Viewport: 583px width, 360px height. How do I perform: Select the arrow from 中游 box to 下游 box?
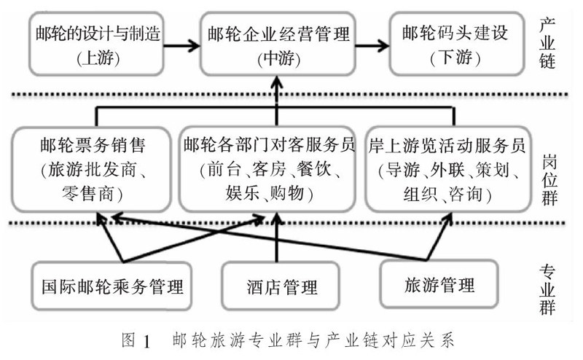(x=370, y=45)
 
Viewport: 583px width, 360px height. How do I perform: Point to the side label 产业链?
(x=548, y=44)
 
